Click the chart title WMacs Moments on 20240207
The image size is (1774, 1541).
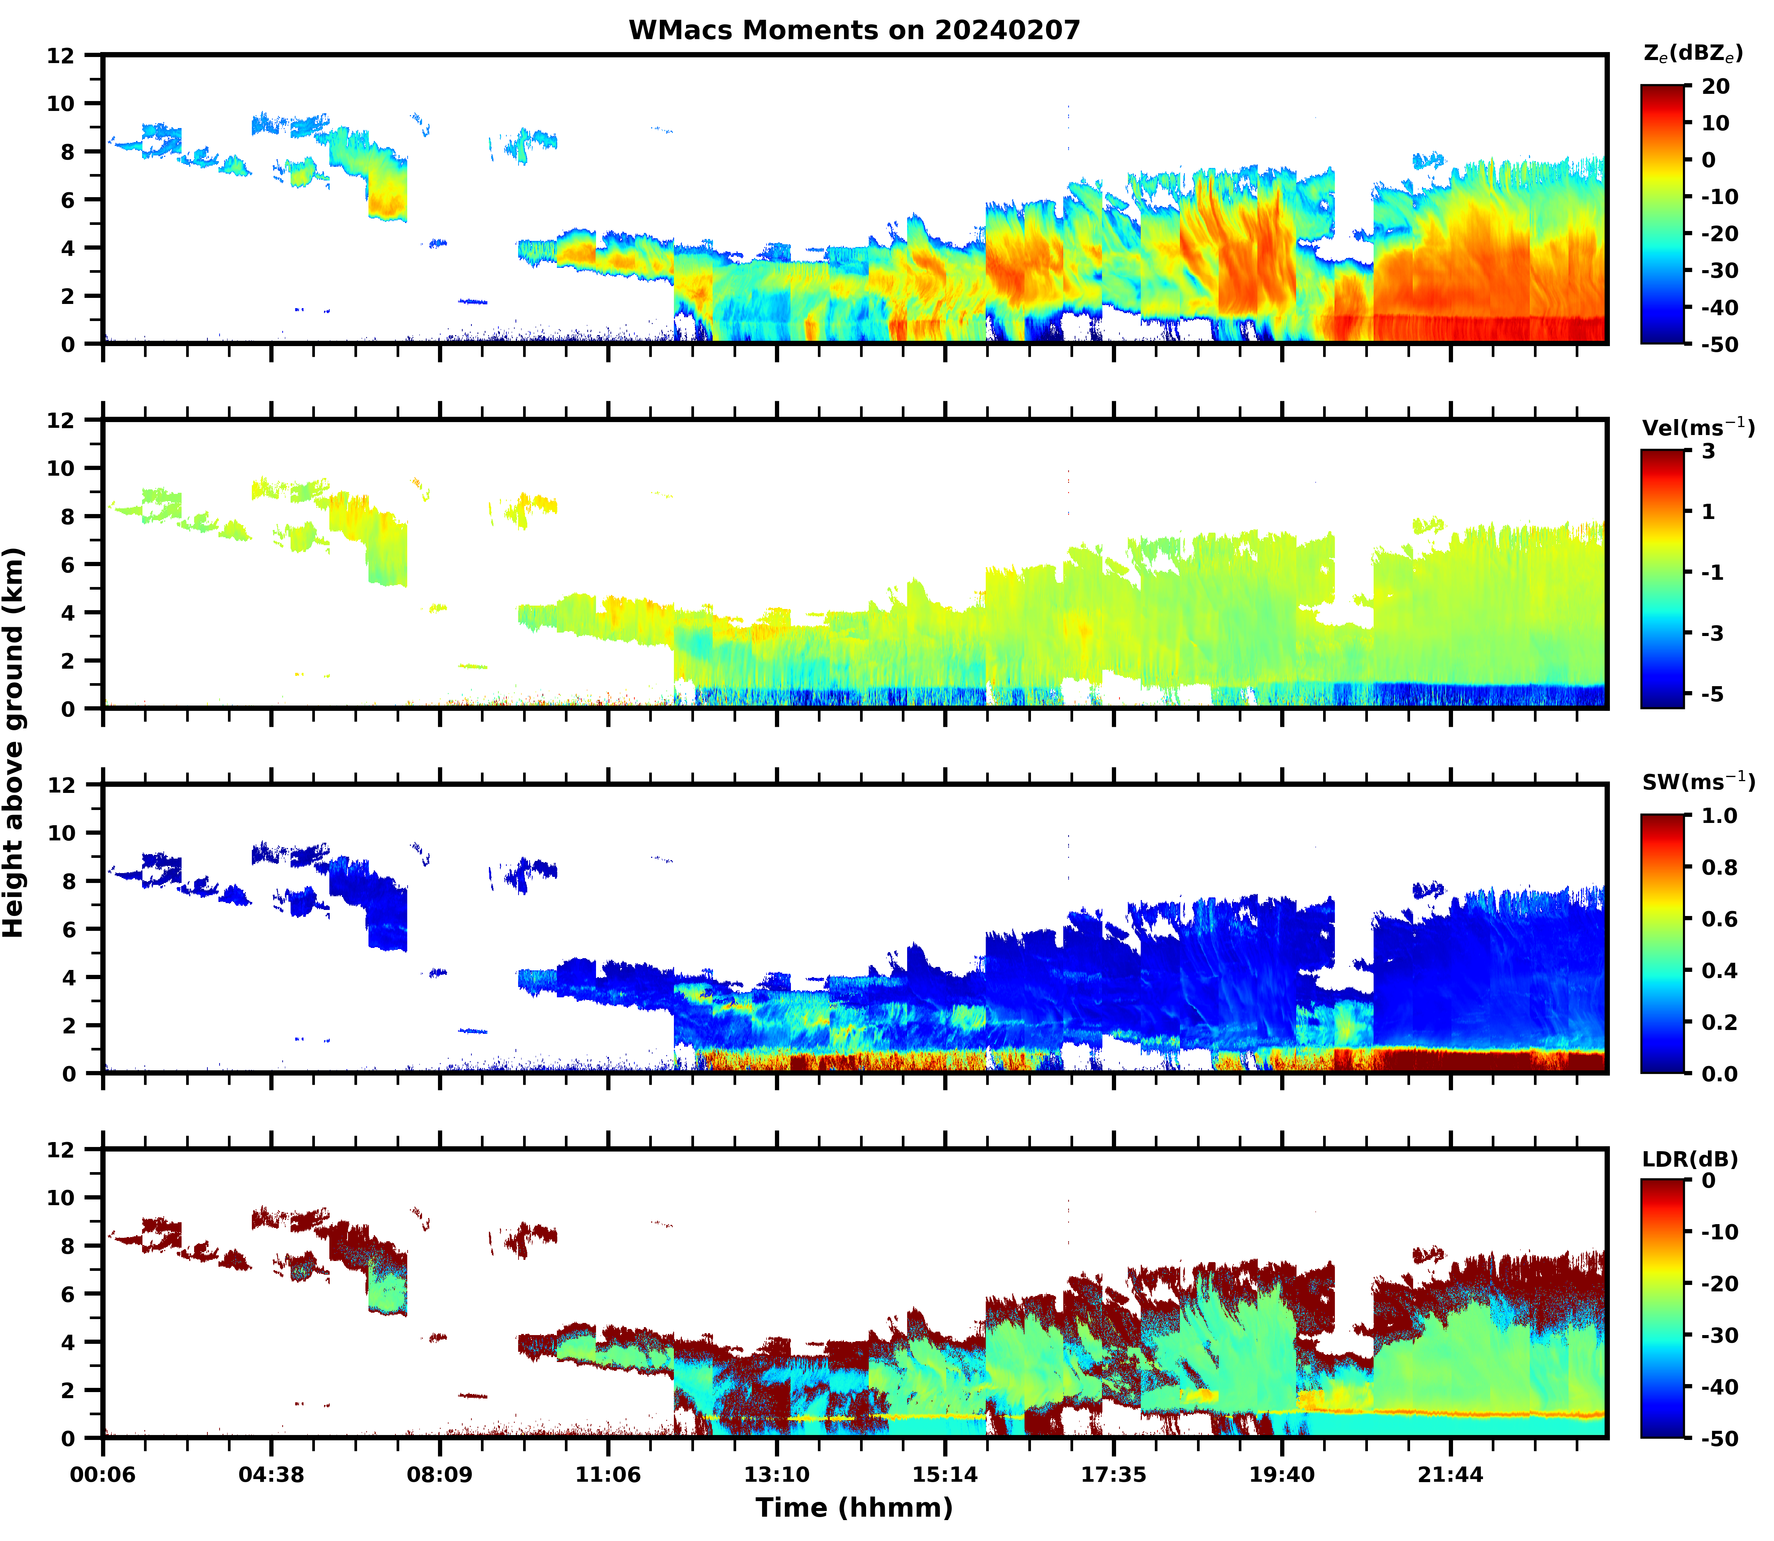pos(854,30)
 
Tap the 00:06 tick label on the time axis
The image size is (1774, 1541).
pos(103,1475)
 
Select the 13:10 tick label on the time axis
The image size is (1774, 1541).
pos(776,1475)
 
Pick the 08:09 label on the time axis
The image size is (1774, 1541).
pos(440,1475)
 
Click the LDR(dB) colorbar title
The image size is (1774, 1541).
pos(1690,1159)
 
